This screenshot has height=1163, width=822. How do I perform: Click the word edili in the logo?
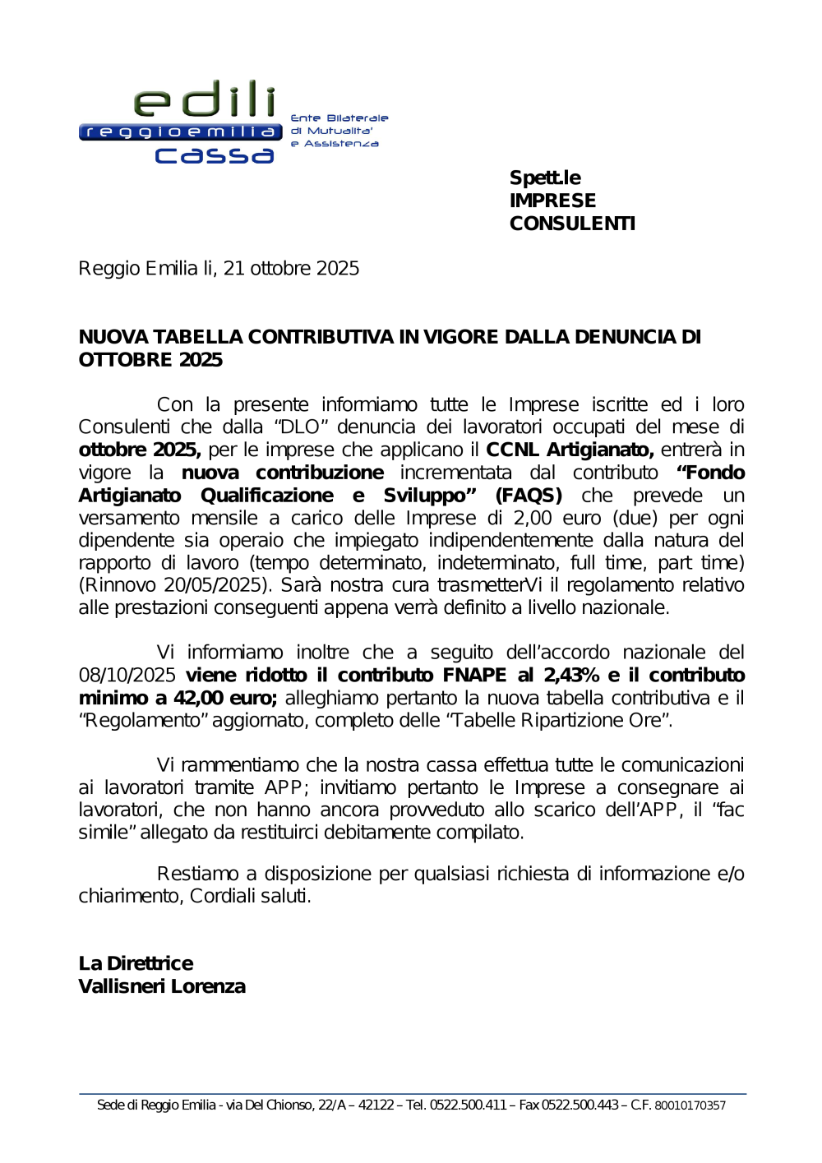click(205, 99)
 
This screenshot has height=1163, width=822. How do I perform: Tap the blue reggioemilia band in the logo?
click(181, 132)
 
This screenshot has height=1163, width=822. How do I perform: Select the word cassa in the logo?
click(215, 155)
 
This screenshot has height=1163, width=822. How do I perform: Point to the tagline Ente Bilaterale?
click(339, 118)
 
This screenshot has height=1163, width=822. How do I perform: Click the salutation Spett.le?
click(545, 178)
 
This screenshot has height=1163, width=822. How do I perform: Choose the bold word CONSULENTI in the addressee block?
click(572, 224)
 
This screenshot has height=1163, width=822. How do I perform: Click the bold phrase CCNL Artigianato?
click(570, 450)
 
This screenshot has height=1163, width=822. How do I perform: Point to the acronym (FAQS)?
click(529, 496)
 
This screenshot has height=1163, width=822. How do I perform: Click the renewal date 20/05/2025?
click(217, 585)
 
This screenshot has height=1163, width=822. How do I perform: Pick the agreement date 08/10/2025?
click(127, 676)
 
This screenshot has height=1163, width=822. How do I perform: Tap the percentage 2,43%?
click(571, 676)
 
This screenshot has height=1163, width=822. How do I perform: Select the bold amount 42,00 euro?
click(225, 698)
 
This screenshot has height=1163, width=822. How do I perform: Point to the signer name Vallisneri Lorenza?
click(162, 986)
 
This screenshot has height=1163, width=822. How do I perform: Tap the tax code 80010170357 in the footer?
click(690, 1105)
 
